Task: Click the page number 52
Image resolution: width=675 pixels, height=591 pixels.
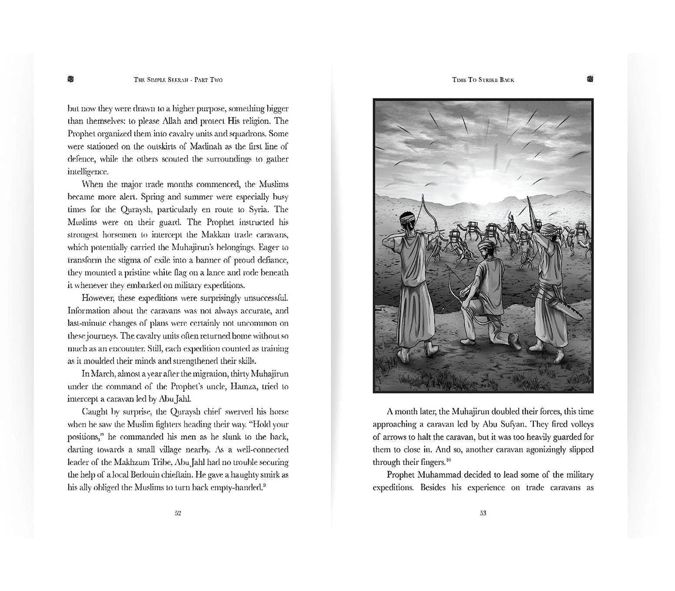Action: (178, 512)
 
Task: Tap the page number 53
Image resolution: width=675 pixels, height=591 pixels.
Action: (483, 512)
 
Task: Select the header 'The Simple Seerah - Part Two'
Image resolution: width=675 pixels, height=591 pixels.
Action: (178, 79)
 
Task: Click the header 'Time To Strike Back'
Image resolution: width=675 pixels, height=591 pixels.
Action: (483, 79)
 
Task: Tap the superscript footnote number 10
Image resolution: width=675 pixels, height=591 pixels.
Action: (448, 460)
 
